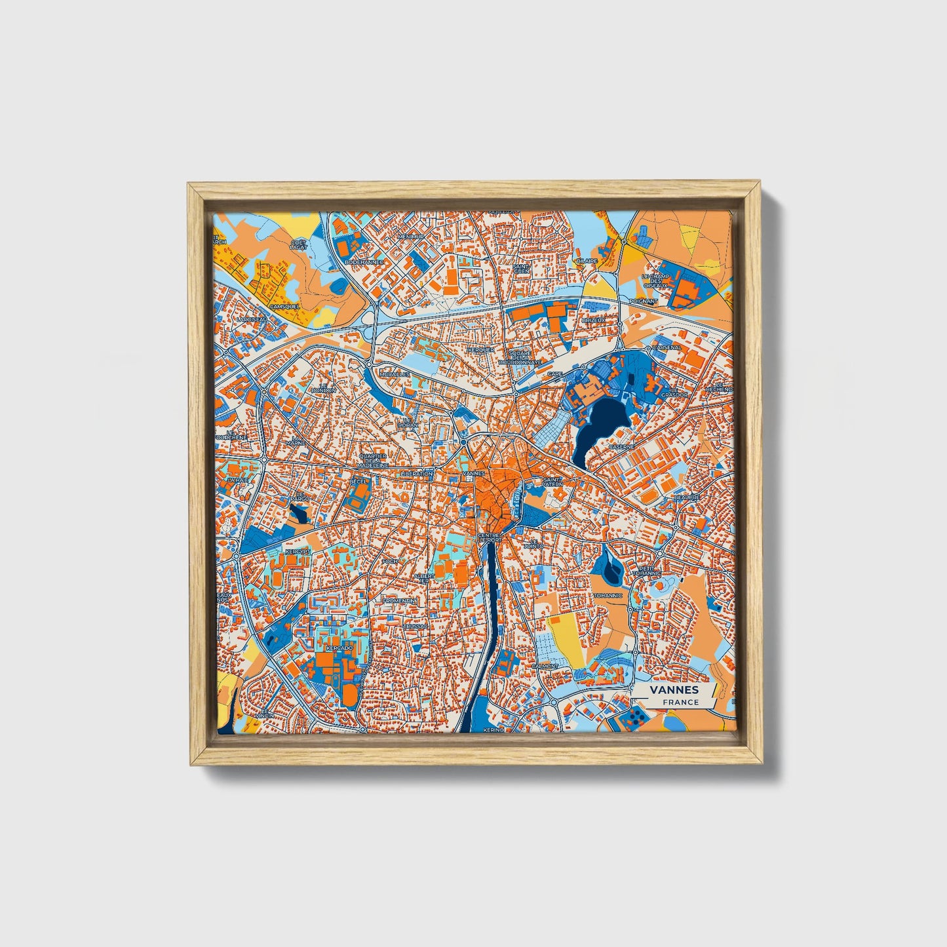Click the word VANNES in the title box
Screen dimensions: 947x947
[674, 689]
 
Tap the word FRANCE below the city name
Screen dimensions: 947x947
[680, 702]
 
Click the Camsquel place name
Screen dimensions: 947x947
[284, 306]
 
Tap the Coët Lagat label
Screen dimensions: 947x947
[298, 245]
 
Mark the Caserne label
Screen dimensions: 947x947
[621, 447]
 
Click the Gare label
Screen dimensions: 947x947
[554, 374]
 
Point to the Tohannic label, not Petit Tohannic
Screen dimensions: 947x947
[608, 596]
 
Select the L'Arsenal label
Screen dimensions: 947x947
[667, 347]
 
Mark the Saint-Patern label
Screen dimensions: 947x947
[552, 482]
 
